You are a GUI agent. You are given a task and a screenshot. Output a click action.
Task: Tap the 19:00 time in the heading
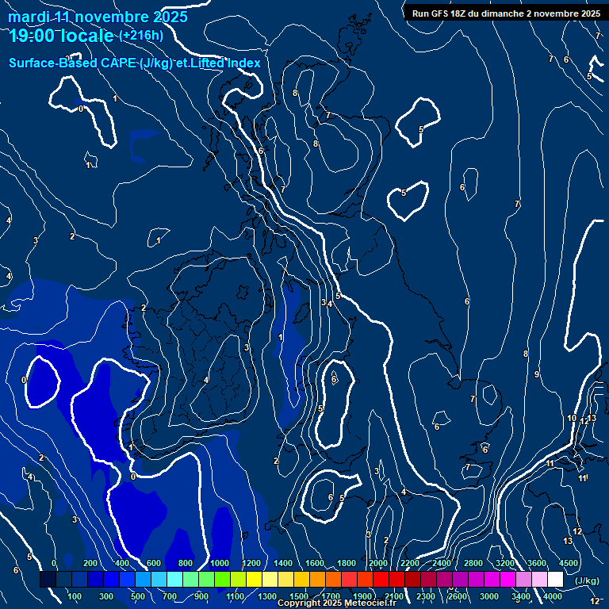tap(37, 36)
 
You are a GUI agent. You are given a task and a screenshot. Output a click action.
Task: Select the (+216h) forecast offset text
tap(141, 36)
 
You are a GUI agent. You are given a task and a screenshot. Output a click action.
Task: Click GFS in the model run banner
tap(443, 13)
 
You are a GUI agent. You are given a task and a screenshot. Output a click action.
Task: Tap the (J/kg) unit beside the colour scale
tap(587, 581)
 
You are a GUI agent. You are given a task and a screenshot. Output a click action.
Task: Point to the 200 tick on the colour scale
tap(90, 563)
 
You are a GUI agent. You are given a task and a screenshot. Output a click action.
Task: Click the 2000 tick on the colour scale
tap(377, 563)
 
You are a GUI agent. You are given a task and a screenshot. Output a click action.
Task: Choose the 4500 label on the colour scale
tap(568, 563)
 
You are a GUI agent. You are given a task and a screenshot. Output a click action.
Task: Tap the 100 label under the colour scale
tap(75, 596)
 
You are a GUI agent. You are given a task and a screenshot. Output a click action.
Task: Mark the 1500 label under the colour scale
tap(299, 596)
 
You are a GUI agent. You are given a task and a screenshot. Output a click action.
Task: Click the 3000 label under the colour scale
tap(489, 596)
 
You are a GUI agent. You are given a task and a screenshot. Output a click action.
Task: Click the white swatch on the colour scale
tap(555, 580)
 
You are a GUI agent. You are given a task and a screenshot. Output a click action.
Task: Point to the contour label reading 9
tap(537, 374)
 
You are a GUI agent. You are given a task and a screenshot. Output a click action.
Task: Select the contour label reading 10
tap(572, 418)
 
